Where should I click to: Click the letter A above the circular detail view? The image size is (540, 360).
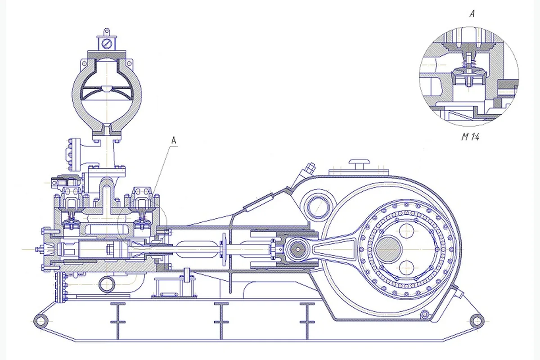pyautogui.click(x=472, y=14)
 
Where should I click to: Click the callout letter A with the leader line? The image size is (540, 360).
pyautogui.click(x=174, y=140)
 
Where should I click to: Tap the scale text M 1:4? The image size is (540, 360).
pyautogui.click(x=470, y=137)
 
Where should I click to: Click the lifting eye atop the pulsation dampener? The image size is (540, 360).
pyautogui.click(x=107, y=32)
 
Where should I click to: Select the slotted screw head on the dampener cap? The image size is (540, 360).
pyautogui.click(x=107, y=44)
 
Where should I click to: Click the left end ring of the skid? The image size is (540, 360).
pyautogui.click(x=41, y=321)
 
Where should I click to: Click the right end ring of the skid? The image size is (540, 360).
pyautogui.click(x=477, y=321)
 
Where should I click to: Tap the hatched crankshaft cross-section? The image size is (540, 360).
pyautogui.click(x=388, y=249)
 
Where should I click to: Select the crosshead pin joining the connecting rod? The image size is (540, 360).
pyautogui.click(x=298, y=249)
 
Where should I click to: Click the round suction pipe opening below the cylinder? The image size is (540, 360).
pyautogui.click(x=107, y=284)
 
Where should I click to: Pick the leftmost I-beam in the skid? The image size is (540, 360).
pyautogui.click(x=118, y=321)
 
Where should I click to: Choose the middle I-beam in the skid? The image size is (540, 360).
pyautogui.click(x=221, y=321)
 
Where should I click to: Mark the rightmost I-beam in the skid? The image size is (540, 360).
pyautogui.click(x=307, y=321)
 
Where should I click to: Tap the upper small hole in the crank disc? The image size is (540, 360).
pyautogui.click(x=406, y=230)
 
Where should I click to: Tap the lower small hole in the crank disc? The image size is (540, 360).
pyautogui.click(x=406, y=268)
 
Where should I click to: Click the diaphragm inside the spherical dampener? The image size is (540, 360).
pyautogui.click(x=107, y=92)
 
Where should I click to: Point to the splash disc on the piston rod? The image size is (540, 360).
pyautogui.click(x=224, y=249)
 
